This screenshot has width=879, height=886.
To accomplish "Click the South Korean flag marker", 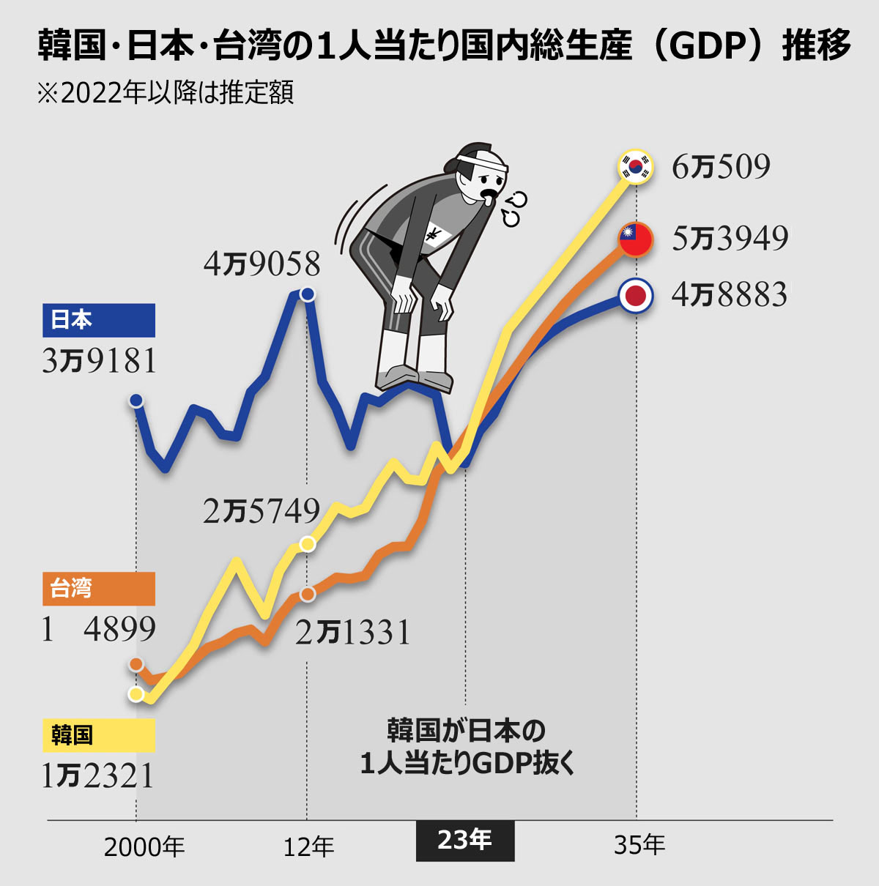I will point(635,166).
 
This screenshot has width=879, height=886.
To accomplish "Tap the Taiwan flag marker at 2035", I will point(635,238).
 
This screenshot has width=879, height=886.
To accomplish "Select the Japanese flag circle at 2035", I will point(635,296).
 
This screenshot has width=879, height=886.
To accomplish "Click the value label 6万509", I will point(721,167).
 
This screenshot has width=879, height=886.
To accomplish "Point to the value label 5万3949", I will point(730,238).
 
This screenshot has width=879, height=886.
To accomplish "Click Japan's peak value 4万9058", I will point(262,264).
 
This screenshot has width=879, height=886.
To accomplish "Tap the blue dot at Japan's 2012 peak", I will point(308,294).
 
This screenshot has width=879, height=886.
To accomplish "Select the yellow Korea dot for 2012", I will point(308,544).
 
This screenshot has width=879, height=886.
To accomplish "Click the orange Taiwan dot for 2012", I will point(308,594).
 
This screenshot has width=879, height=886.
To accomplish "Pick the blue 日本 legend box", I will point(99,320).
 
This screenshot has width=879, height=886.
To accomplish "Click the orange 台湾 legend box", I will point(99,589).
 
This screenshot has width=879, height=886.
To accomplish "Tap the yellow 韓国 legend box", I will point(99,734).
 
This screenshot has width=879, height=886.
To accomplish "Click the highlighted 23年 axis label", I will point(465,840).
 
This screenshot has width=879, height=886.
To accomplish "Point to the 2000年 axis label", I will point(144,846).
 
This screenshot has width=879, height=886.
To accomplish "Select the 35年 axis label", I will point(639,845).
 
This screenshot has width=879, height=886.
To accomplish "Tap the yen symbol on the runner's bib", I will point(434,235).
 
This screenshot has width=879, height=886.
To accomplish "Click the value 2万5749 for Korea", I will point(262,511).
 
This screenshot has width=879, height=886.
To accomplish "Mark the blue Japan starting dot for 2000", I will point(136,401).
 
